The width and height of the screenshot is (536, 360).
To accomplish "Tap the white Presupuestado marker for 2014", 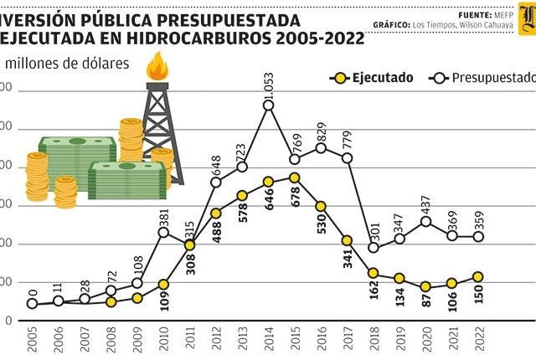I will coord(269,106).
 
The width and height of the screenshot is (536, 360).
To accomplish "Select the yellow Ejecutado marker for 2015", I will coord(295,177).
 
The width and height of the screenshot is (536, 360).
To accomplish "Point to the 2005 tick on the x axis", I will coord(32,339).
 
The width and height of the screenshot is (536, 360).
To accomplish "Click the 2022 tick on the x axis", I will coord(477,339).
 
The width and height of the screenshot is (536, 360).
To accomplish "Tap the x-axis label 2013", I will coord(243,339).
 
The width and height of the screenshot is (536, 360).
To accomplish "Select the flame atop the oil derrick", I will coord(156,67).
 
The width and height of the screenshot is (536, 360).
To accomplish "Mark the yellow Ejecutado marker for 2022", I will coord(477,276).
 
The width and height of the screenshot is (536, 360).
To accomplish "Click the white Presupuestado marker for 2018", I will coord(374,248).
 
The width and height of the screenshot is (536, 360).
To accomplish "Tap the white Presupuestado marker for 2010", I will coord(163,231).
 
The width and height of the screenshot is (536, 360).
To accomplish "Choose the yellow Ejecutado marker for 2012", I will coord(215,213).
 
